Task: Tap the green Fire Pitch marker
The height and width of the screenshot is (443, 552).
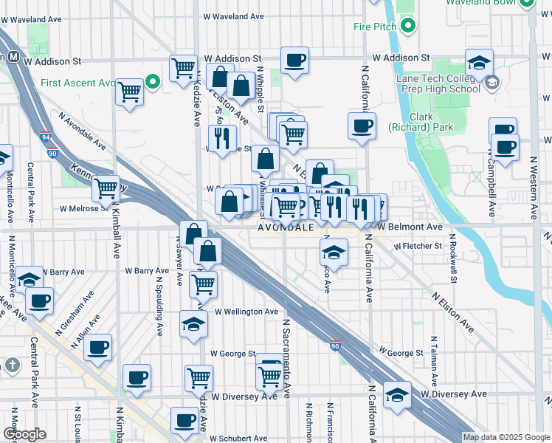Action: (407, 27)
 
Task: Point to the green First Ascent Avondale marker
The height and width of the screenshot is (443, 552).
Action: (153, 81)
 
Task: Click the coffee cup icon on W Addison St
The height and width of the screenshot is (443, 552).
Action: (294, 61)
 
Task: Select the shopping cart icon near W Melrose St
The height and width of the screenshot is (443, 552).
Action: (106, 188)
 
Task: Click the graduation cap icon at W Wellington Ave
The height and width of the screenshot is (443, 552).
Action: (193, 323)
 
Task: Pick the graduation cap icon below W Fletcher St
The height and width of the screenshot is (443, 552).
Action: (334, 253)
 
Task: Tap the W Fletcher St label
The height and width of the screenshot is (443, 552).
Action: (417, 246)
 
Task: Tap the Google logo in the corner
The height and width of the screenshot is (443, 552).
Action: (24, 434)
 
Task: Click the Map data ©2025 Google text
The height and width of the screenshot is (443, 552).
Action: (506, 437)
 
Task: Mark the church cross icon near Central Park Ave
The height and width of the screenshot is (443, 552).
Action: (12, 365)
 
